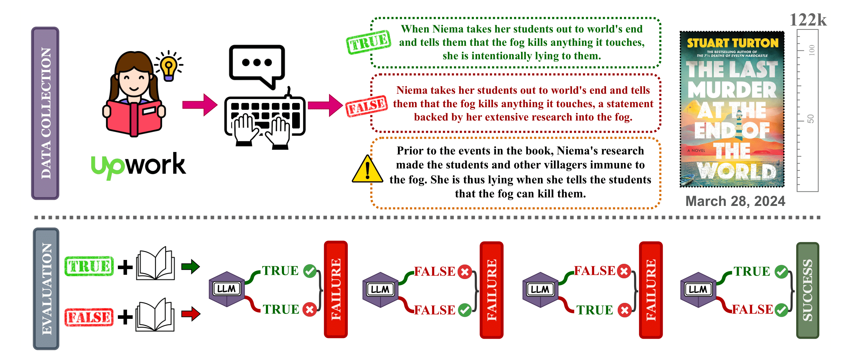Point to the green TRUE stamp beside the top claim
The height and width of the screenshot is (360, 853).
368,42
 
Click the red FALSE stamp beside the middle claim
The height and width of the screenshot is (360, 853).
366,106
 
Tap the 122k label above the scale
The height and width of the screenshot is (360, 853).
808,20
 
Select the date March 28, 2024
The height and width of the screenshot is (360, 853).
735,201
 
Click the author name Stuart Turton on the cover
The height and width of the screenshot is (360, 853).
732,43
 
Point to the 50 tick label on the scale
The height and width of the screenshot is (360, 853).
810,119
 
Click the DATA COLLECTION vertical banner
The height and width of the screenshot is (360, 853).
45,113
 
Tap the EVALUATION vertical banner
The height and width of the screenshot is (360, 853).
46,289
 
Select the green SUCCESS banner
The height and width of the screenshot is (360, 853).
808,290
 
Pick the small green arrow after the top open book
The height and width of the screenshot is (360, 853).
191,267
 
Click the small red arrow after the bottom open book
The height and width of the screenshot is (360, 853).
191,314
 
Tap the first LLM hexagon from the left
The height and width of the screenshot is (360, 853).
227,289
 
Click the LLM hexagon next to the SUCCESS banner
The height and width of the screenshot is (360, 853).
698,289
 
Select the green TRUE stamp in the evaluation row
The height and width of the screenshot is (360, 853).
89,266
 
